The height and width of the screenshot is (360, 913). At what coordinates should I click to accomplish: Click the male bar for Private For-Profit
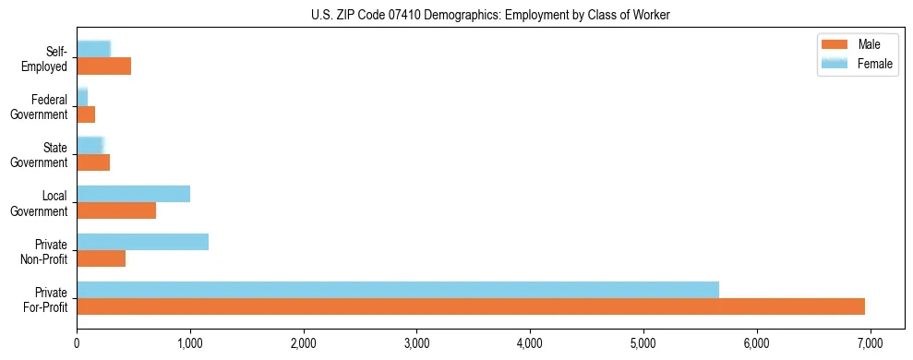click(471, 306)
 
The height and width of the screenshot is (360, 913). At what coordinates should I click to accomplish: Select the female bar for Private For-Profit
click(398, 290)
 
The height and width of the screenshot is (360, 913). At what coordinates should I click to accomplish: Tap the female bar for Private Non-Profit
click(142, 242)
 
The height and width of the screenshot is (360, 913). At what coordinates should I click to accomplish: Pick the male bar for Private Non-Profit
click(101, 258)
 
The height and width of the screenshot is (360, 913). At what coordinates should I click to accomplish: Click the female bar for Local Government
click(133, 194)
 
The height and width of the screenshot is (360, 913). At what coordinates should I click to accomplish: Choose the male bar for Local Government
click(116, 210)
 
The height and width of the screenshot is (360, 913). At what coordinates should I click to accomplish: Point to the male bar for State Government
click(93, 162)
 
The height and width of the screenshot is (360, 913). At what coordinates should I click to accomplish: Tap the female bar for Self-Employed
click(93, 50)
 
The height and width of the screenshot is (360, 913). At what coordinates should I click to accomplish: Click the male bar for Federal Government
click(86, 114)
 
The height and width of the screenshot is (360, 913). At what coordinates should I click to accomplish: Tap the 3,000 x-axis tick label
click(416, 342)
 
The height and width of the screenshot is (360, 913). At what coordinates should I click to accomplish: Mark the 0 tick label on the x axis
click(77, 342)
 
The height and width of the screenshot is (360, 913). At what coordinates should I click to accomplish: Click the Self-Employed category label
click(45, 58)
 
